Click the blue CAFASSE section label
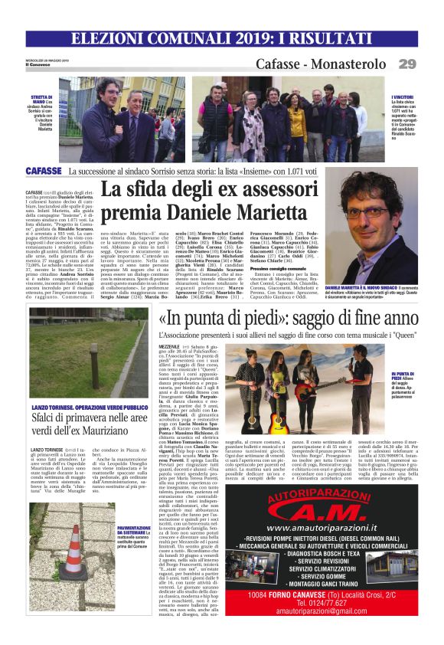(x=44, y=172)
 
